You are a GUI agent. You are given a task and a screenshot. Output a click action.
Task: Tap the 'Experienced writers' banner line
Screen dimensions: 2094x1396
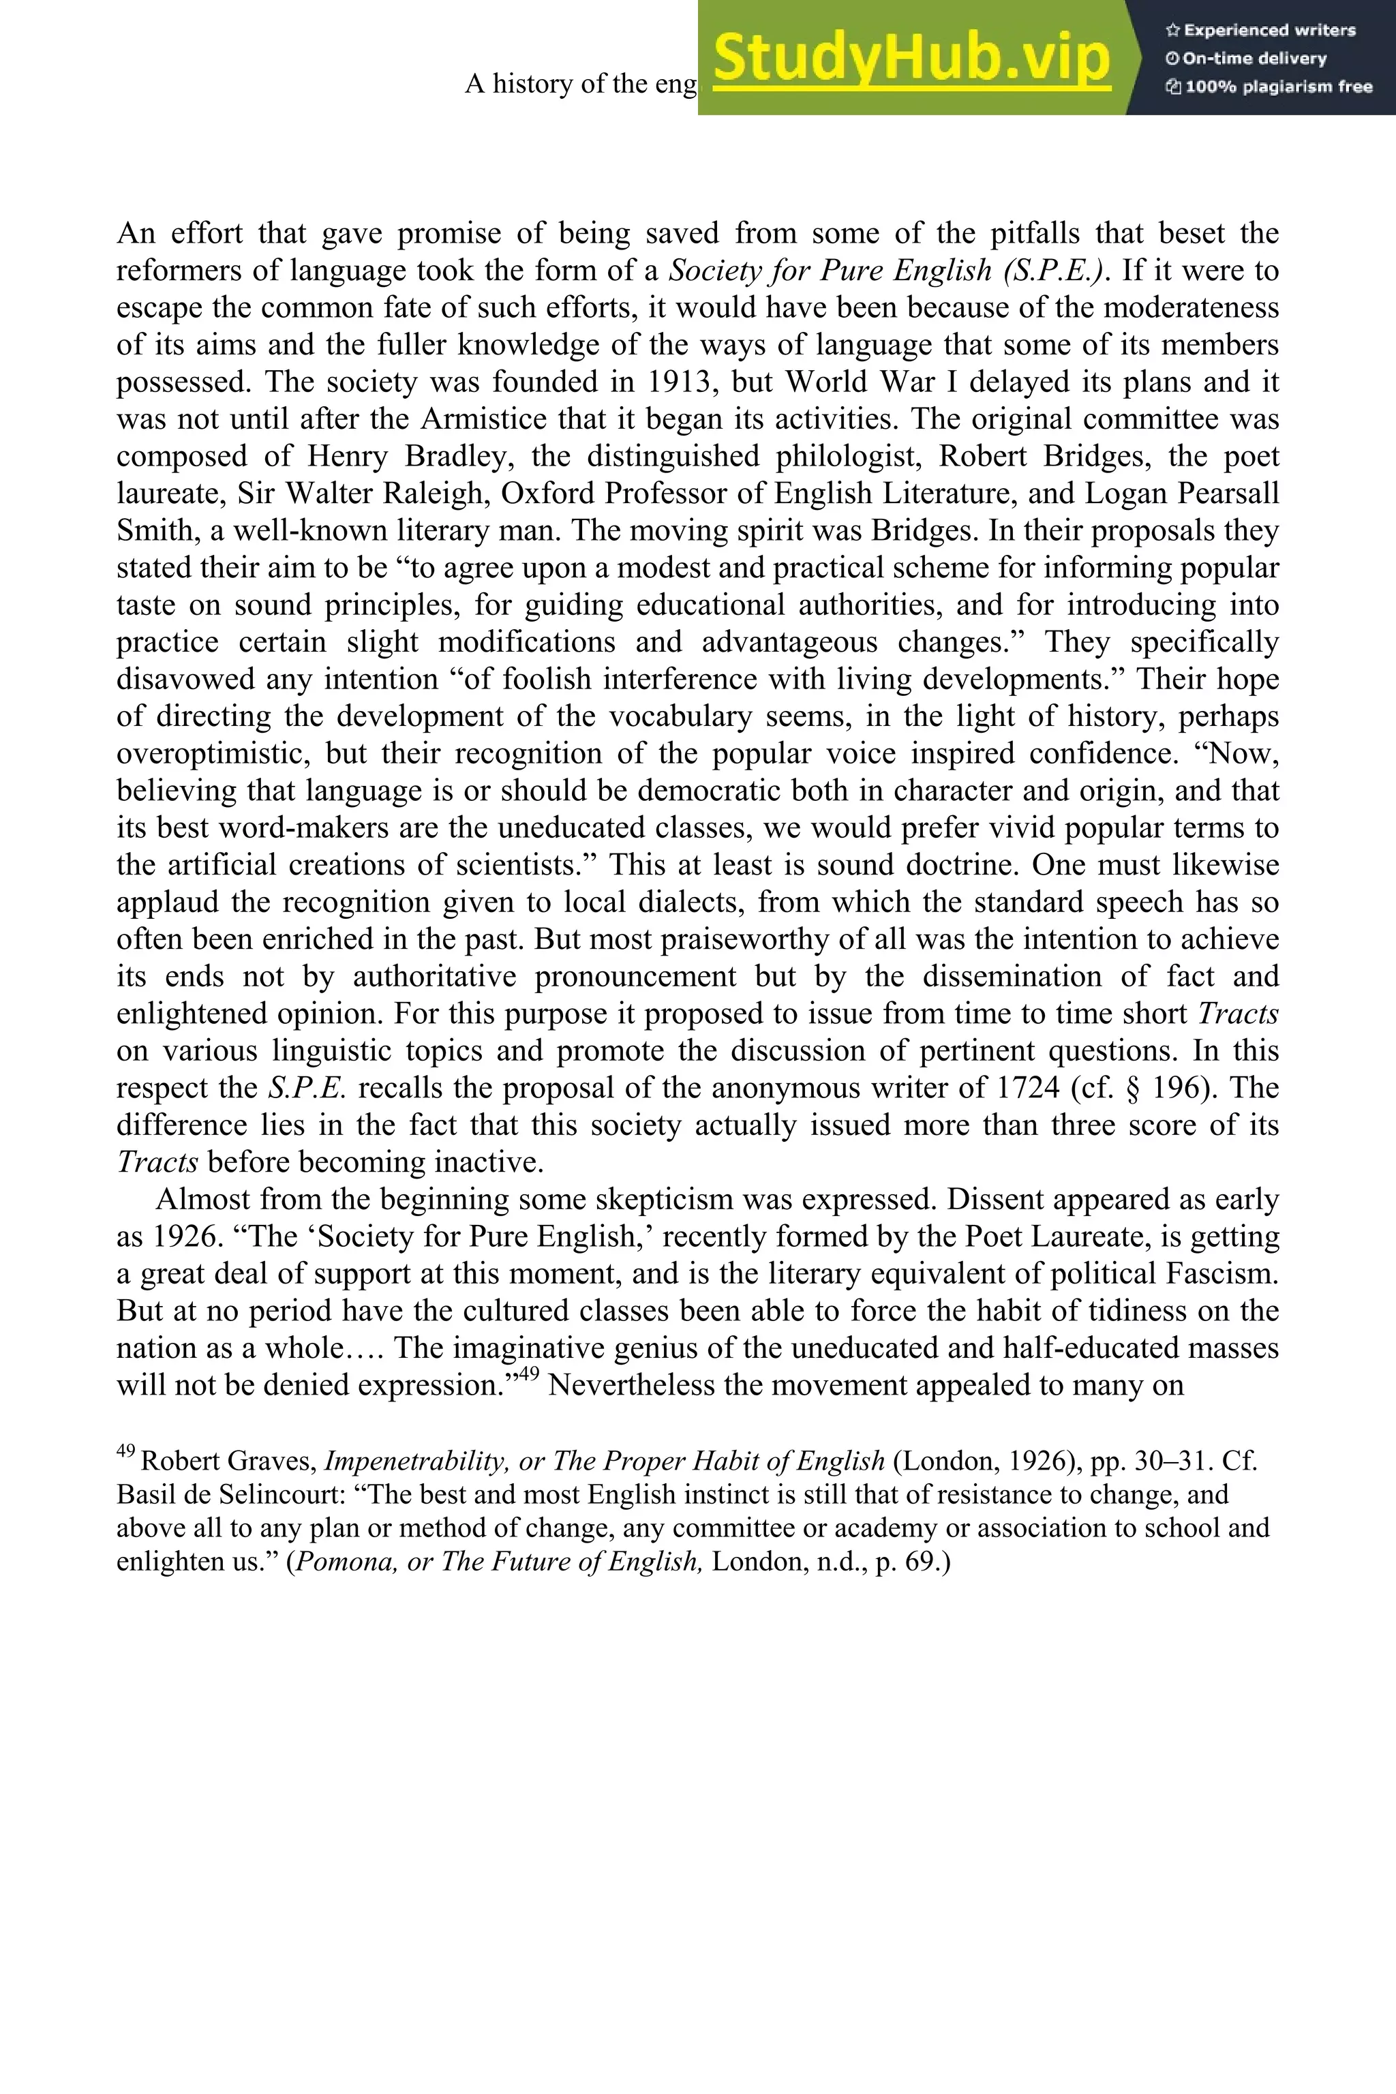[1260, 30]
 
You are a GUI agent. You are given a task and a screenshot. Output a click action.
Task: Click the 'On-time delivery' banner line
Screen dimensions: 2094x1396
[1247, 59]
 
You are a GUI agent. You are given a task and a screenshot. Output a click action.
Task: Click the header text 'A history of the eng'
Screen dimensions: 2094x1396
[581, 84]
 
